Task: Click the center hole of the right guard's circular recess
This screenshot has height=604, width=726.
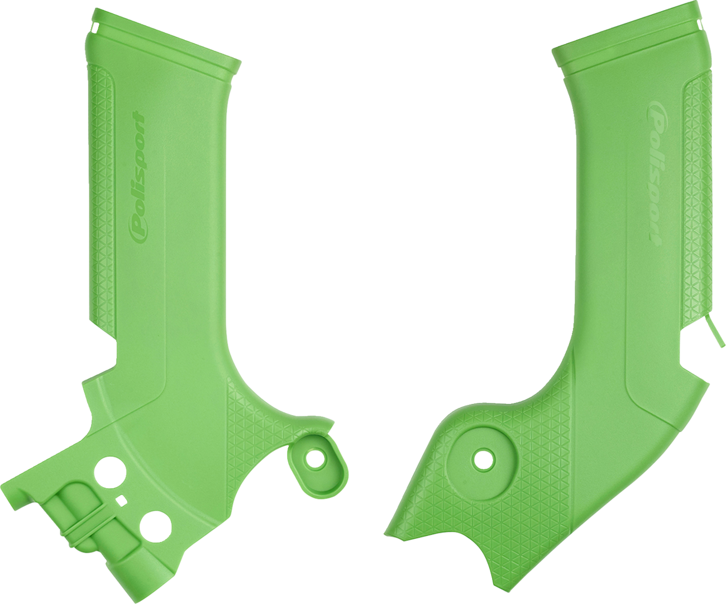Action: point(483,460)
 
